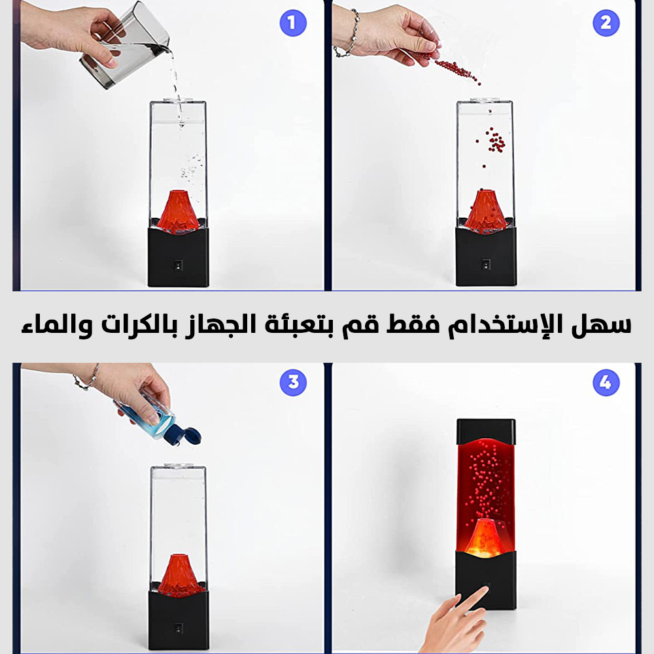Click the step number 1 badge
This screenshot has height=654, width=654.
(293, 22)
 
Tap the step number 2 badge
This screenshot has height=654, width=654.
(606, 22)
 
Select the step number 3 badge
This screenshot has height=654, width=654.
(293, 382)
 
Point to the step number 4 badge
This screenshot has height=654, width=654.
(606, 382)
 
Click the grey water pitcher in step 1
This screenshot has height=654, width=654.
(125, 46)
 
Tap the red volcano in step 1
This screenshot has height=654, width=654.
(178, 211)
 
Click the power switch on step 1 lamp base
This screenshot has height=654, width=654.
(178, 266)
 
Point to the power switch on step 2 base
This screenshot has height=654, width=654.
(485, 264)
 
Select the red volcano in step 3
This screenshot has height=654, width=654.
(179, 576)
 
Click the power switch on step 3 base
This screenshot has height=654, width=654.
(179, 628)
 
